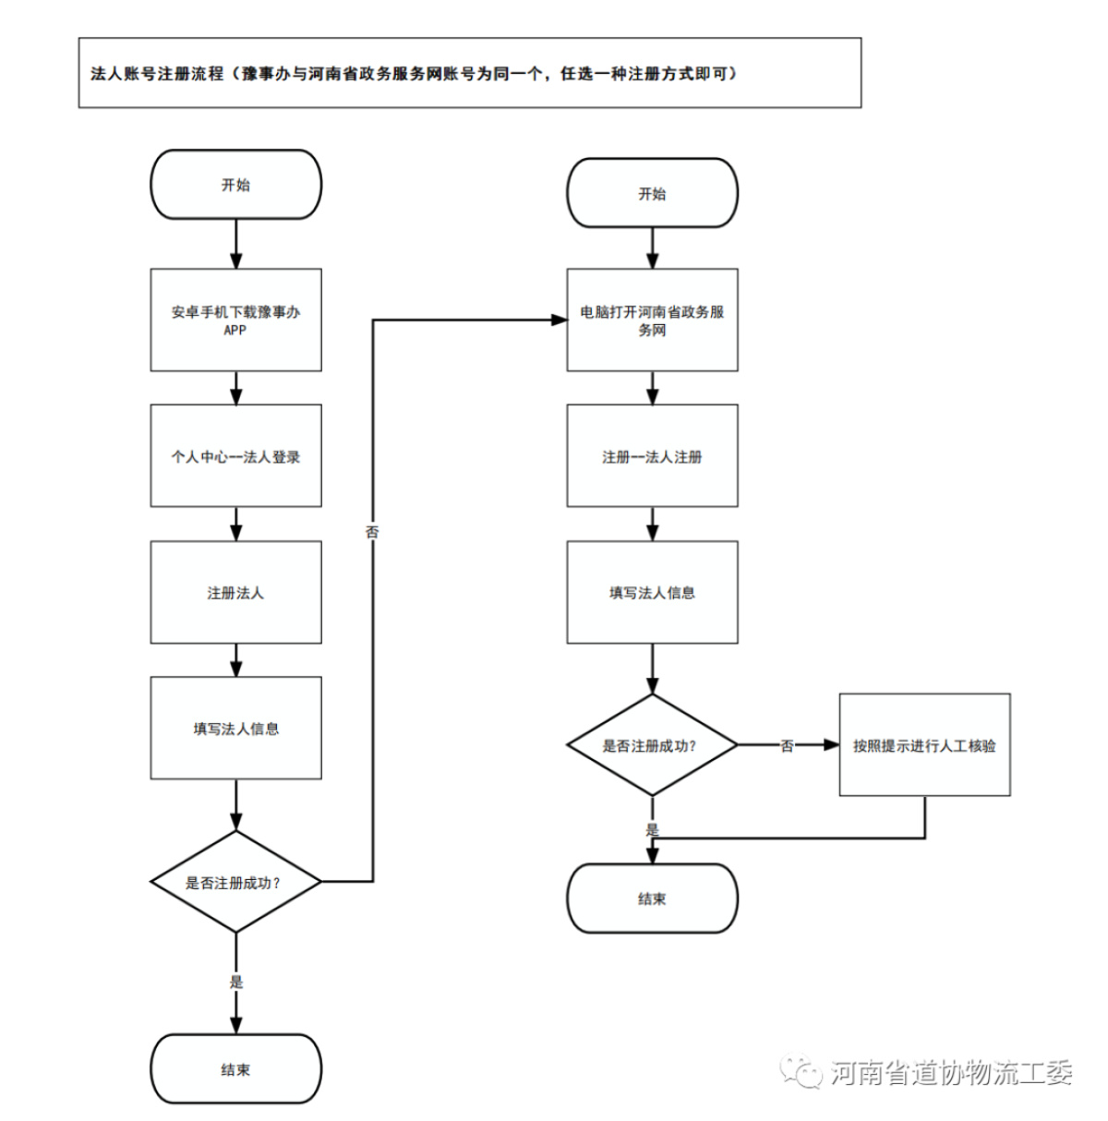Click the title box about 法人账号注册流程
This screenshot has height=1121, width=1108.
point(470,73)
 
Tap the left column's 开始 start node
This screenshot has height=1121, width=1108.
point(235,185)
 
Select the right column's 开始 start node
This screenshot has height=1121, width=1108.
point(653,193)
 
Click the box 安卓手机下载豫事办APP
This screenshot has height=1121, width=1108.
point(235,319)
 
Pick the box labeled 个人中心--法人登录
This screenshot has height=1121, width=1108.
point(235,456)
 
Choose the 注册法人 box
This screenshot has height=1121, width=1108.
point(235,592)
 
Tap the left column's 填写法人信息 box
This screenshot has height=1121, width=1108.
point(235,728)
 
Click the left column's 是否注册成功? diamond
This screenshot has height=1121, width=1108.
point(235,882)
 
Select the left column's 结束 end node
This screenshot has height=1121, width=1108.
point(235,1069)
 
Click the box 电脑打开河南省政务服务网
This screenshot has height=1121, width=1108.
point(653,319)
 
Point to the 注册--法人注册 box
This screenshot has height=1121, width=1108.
point(653,456)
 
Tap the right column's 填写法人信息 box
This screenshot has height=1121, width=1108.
point(653,592)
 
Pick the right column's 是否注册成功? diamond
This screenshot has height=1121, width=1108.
point(653,744)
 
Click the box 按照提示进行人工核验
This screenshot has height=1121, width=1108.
point(924,744)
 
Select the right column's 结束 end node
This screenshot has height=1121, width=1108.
point(653,898)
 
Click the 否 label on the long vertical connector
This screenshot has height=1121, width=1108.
point(372,532)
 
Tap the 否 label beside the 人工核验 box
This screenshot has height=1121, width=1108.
point(787,746)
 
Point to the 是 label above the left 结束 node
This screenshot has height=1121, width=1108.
point(235,982)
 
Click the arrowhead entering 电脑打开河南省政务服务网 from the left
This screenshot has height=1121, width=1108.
point(559,319)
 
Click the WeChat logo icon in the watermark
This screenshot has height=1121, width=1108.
point(801,1069)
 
